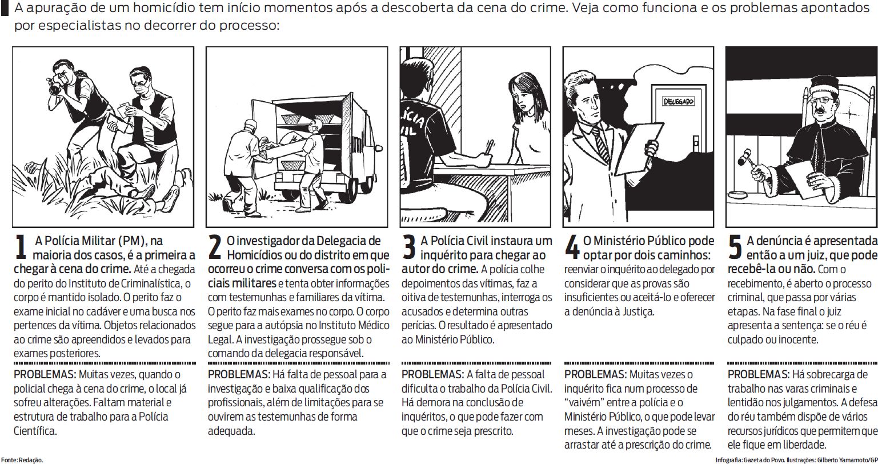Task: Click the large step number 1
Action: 21,247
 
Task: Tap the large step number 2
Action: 215,247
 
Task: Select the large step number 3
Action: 409,247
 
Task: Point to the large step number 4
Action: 572,247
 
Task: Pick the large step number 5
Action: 735,247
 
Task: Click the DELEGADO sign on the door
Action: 678,102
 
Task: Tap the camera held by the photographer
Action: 57,84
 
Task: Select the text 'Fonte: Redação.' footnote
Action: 22,459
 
